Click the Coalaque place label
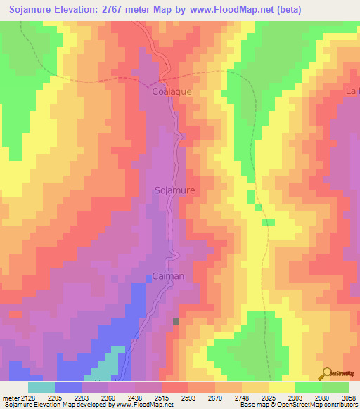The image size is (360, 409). pos(172,91)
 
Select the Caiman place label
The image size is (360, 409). pos(168,276)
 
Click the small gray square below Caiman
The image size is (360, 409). pos(176,321)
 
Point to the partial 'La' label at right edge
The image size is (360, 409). pos(352,91)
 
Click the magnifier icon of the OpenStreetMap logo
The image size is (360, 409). pos(327,372)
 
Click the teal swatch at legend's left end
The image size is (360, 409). pos(41,387)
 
